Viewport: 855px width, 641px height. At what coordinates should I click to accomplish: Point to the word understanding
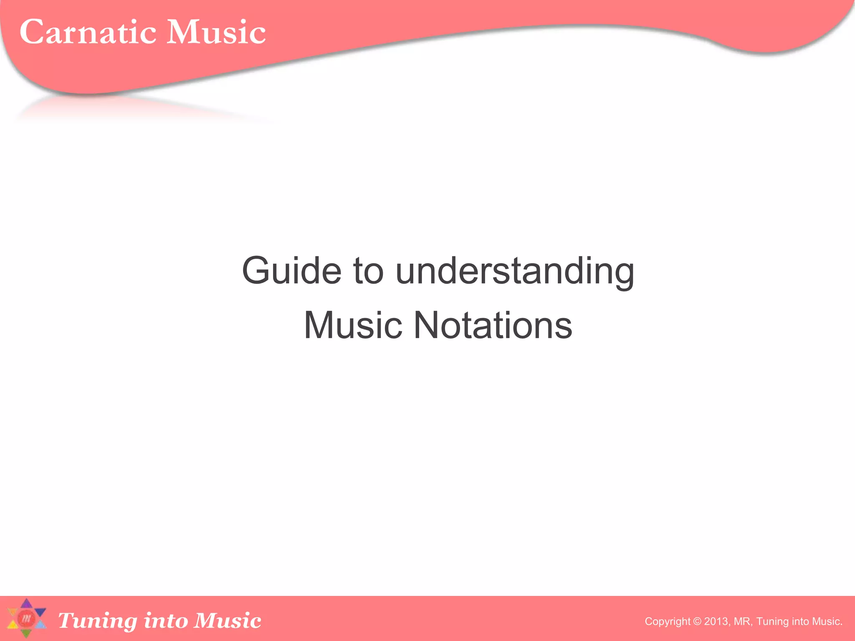(x=514, y=271)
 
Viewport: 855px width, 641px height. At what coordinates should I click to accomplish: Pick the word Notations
(x=493, y=325)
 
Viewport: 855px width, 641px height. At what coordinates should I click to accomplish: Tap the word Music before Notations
(x=353, y=325)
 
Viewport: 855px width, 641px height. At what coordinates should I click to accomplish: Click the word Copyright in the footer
(x=668, y=621)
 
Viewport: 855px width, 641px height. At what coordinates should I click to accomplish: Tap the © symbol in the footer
(x=697, y=621)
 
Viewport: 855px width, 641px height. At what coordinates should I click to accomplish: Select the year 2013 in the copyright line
(x=716, y=621)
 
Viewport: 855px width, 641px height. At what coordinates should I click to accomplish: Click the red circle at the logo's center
(x=26, y=618)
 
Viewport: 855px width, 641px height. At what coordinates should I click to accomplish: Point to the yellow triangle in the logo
(x=13, y=625)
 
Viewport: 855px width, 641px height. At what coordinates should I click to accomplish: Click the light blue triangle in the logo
(x=40, y=625)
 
